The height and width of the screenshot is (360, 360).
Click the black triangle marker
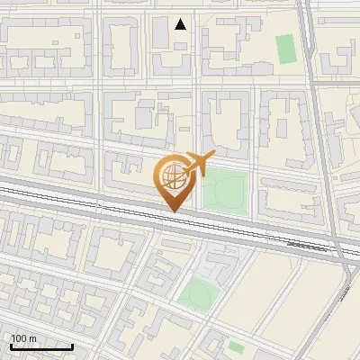coord(181,24)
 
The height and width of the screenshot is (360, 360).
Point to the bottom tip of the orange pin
coord(172,211)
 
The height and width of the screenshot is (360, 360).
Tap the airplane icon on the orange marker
coord(196,164)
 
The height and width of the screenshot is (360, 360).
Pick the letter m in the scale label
coord(33,338)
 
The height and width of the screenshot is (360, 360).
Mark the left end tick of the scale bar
coord(10,345)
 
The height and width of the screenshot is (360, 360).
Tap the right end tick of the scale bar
coord(73,345)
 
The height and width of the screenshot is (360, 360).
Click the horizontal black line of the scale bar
coord(41,346)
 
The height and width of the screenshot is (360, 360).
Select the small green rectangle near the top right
coord(285,49)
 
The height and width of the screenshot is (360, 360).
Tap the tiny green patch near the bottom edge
coord(236,346)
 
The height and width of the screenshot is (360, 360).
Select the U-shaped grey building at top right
coord(337,58)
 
